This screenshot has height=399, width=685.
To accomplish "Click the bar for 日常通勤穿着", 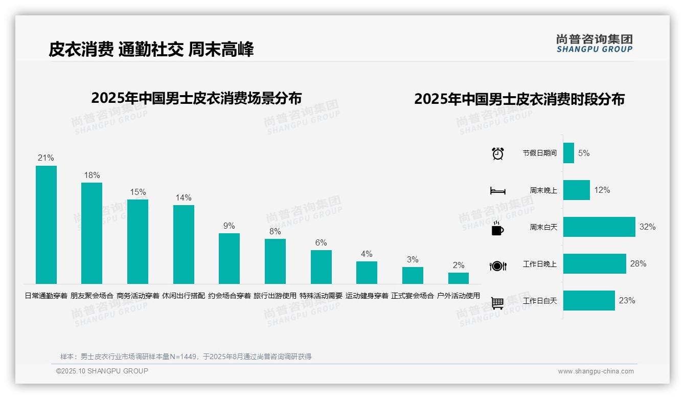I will click(46, 225).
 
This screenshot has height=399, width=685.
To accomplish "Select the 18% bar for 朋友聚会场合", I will click(92, 233).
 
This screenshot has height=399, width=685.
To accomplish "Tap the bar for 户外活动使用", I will click(459, 278).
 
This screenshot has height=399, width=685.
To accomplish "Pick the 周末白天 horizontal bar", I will click(599, 227).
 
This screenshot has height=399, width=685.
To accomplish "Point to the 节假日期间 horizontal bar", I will click(568, 153).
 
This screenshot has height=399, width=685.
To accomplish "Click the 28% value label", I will click(638, 263).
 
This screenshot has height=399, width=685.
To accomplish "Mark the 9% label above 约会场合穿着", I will click(229, 226).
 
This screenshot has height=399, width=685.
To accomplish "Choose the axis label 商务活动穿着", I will click(138, 296).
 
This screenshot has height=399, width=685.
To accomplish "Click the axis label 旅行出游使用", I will click(275, 296).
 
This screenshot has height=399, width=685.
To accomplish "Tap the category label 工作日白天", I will click(540, 301).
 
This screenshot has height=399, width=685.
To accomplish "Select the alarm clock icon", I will click(498, 153).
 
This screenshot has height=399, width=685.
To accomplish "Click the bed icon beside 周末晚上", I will click(498, 191).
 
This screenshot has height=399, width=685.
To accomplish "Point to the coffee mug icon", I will click(497, 228).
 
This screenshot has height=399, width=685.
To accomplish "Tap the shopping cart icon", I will click(497, 303).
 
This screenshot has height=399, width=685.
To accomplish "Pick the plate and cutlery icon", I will click(498, 265).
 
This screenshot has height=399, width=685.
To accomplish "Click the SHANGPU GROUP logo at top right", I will click(594, 43).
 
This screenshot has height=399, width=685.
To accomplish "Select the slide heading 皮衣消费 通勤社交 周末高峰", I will click(151, 49).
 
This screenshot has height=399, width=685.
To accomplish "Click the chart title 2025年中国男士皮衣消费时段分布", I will click(519, 99).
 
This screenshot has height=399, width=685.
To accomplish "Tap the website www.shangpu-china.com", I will click(596, 371).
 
